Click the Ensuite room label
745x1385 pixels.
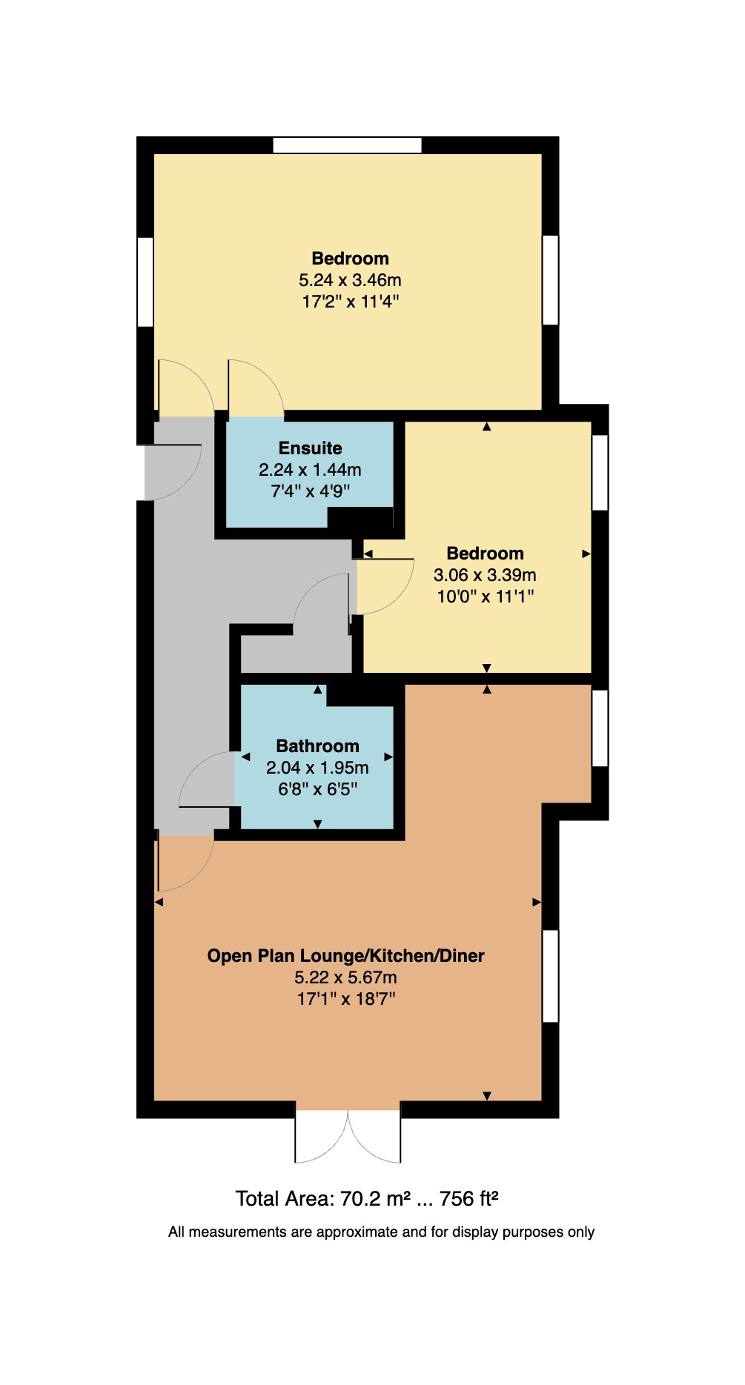tap(310, 448)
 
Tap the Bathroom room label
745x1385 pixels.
tap(317, 746)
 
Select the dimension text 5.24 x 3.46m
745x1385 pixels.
tap(350, 280)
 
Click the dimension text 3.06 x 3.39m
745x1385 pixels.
tap(485, 575)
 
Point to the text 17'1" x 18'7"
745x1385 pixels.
tap(345, 999)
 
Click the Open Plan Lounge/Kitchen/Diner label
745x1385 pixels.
tap(345, 956)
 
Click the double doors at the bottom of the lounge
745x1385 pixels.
tap(348, 1134)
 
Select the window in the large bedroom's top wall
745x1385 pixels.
tap(347, 145)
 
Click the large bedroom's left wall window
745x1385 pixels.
tap(145, 282)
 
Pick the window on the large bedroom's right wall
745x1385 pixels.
tap(550, 280)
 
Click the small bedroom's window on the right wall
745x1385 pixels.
tap(600, 473)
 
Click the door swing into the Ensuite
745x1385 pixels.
tap(254, 389)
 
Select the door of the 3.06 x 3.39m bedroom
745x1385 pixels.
tap(384, 585)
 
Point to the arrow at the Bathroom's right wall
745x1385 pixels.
tap(388, 757)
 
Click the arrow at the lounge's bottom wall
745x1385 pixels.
tap(487, 1095)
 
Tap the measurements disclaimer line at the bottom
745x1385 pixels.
tap(381, 1232)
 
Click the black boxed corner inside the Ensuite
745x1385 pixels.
tap(360, 517)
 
